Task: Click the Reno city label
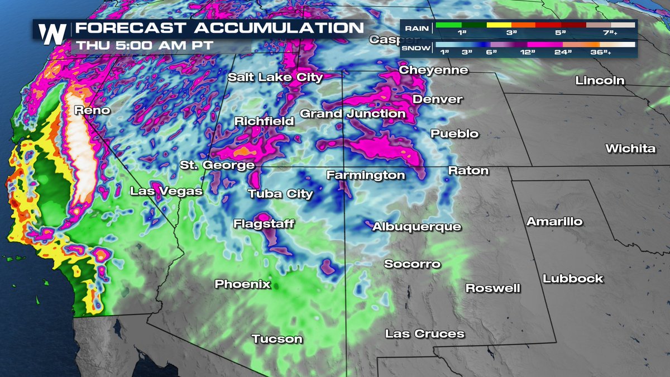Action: tap(93, 111)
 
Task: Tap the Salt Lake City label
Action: tap(275, 78)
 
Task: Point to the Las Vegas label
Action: tap(166, 192)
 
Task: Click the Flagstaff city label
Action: tap(264, 224)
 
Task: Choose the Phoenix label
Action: tap(242, 284)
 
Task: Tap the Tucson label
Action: tap(277, 339)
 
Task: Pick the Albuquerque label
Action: tap(417, 227)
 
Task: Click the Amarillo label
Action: tap(554, 222)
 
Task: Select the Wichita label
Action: tap(630, 149)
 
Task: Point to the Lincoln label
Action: tap(600, 81)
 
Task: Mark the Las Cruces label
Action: tap(424, 334)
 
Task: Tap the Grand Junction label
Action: tap(352, 114)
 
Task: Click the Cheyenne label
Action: tap(433, 70)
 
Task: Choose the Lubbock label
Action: tap(573, 279)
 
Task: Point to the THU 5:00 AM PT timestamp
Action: tap(145, 45)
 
